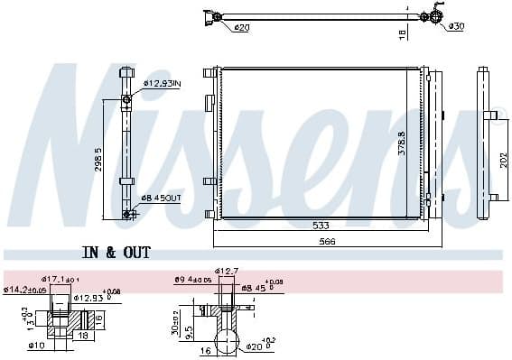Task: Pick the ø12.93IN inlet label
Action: click(162, 85)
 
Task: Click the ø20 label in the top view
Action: click(241, 29)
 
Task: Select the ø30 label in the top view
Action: click(457, 28)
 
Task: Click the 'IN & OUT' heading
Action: click(116, 253)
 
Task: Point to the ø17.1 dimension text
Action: click(62, 279)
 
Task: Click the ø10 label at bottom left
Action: click(36, 346)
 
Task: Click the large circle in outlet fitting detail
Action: click(232, 342)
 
